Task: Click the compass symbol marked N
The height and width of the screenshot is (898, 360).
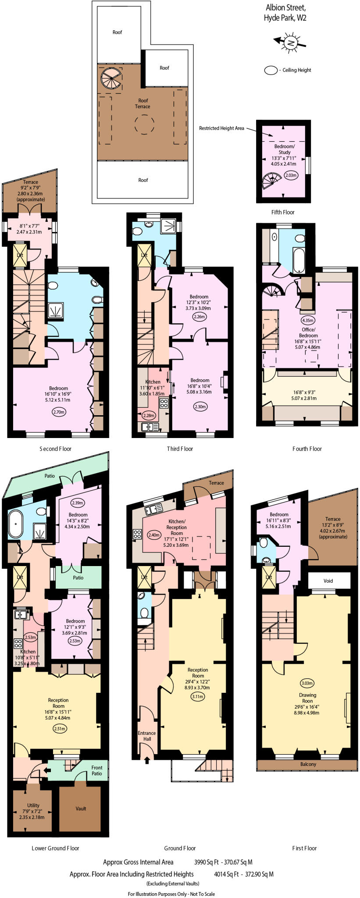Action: (290, 42)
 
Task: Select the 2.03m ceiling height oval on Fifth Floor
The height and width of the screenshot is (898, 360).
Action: (291, 175)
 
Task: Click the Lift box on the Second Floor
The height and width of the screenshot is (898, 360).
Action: (20, 255)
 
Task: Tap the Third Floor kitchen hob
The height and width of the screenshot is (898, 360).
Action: (164, 403)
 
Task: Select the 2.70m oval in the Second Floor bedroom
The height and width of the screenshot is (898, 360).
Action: (59, 412)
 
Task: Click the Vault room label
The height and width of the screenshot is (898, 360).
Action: (81, 808)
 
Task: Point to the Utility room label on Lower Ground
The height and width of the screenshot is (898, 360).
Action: (33, 805)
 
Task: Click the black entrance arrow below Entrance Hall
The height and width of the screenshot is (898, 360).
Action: (147, 760)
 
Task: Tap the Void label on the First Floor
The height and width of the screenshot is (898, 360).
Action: (328, 581)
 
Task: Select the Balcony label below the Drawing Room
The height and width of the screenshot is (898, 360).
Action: (308, 764)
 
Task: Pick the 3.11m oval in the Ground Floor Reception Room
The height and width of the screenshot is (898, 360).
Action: (198, 696)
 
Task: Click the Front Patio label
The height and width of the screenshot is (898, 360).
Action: (97, 770)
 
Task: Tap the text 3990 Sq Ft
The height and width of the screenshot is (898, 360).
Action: (208, 862)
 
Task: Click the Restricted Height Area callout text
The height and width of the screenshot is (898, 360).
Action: (221, 128)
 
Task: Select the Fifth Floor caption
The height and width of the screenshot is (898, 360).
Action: (283, 212)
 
